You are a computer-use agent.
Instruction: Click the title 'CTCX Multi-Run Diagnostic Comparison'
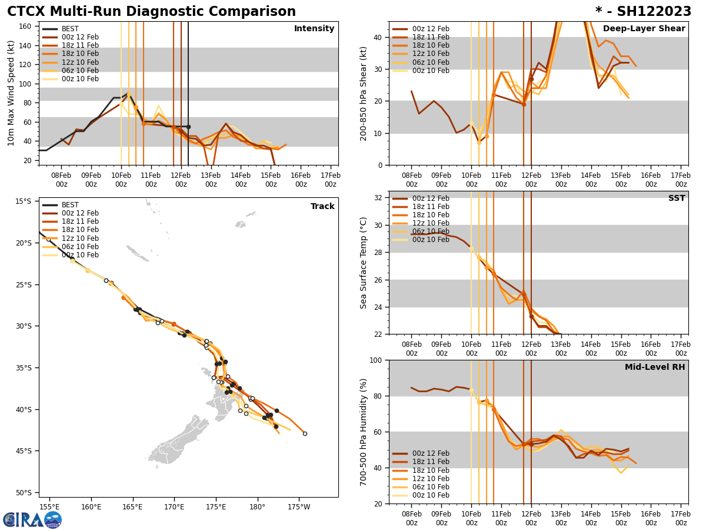(x=151, y=12)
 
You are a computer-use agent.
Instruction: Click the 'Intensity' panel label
(x=314, y=29)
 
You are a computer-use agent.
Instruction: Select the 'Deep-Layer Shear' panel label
(x=644, y=29)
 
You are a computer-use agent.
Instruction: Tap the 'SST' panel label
(x=676, y=198)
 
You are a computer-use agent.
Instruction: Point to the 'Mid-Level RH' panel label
(x=655, y=367)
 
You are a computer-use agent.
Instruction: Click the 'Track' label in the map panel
(x=322, y=207)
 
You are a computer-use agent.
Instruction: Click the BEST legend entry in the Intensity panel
(x=69, y=29)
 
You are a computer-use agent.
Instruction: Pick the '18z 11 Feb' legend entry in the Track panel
(x=80, y=222)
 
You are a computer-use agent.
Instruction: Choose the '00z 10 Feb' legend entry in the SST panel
(x=430, y=240)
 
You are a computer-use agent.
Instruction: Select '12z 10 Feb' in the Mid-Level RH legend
(x=430, y=479)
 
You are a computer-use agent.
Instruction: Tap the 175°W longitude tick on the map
(x=299, y=507)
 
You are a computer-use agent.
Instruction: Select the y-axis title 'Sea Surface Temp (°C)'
(x=364, y=263)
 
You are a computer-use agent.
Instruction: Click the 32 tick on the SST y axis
(x=378, y=198)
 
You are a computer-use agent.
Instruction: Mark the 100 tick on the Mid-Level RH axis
(x=375, y=360)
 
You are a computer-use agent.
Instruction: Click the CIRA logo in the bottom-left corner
(x=32, y=520)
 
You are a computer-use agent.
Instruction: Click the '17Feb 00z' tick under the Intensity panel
(x=331, y=180)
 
